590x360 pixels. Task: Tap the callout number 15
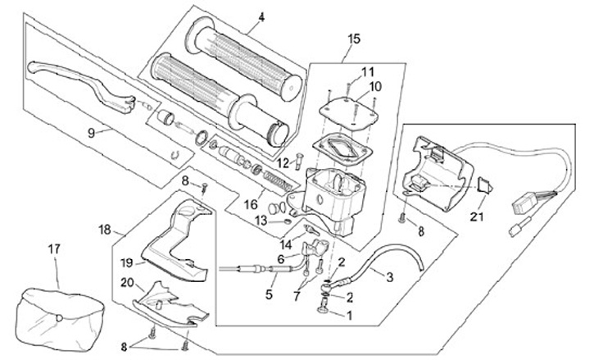354,39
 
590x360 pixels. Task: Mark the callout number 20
127,282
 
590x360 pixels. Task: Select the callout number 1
348,314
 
